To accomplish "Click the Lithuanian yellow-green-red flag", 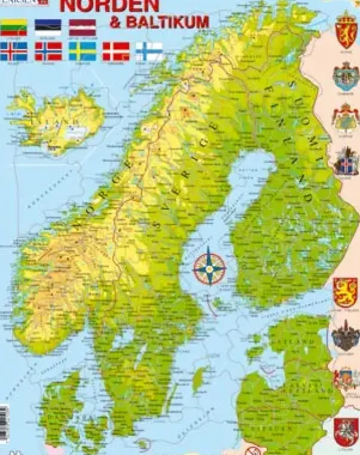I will (x=13, y=27).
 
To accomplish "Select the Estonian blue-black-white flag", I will (x=48, y=27).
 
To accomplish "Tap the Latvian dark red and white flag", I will (x=82, y=27).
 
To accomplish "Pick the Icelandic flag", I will (x=13, y=51).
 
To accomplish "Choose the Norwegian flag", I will (x=48, y=51).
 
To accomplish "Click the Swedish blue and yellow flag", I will (x=82, y=51).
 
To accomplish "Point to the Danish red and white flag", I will (x=116, y=51).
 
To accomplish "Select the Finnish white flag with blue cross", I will (x=149, y=51).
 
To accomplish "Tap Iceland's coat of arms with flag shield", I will (x=346, y=160).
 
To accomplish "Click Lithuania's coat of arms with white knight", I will (x=345, y=429).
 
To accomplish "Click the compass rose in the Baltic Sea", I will (x=209, y=268).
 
